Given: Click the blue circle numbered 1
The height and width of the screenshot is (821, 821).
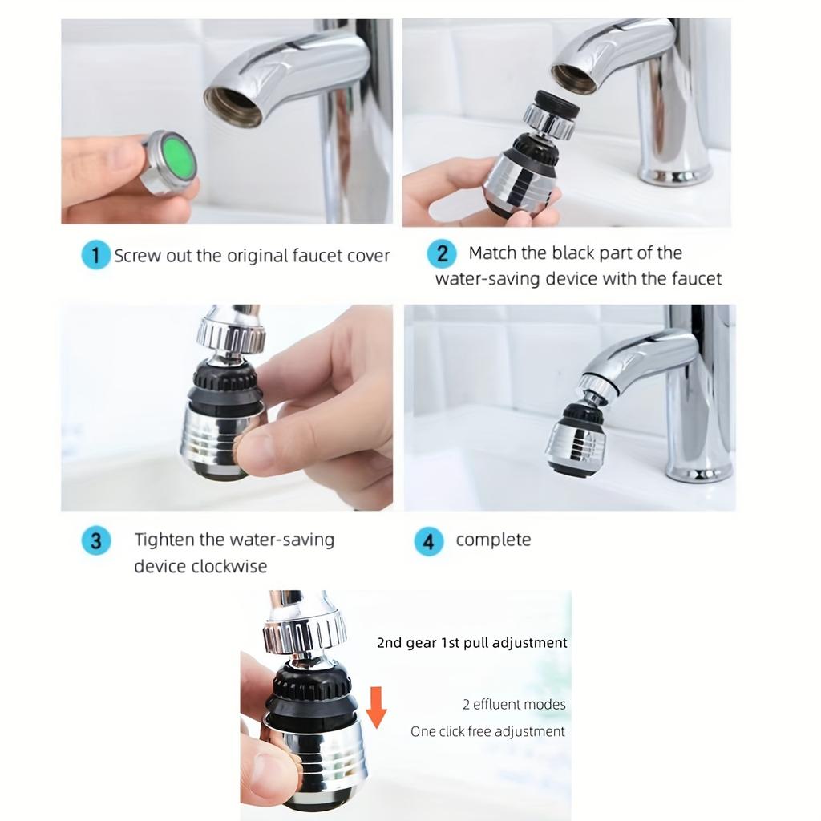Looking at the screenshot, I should tap(96, 256).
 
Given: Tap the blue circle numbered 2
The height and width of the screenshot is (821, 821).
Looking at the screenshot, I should tap(442, 254).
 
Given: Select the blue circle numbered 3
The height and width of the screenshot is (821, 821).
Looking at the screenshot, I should tap(95, 540).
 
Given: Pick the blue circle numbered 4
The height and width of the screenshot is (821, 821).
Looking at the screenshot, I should tap(429, 542).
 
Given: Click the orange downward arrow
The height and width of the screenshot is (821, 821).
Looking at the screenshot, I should tap(376, 706).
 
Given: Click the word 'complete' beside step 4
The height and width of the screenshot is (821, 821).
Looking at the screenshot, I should tap(493, 540).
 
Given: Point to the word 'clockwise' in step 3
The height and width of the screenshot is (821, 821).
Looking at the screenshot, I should tap(229, 566).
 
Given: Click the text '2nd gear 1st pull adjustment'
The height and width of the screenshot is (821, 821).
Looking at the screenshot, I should tap(472, 642).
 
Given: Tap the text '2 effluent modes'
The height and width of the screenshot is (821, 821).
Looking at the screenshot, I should tap(514, 705).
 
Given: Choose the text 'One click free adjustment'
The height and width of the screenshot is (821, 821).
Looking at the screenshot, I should tap(487, 731).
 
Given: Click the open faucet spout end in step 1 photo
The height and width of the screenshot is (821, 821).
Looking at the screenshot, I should tap(233, 106).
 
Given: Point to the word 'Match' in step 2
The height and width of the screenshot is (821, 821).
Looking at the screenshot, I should tap(492, 253).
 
